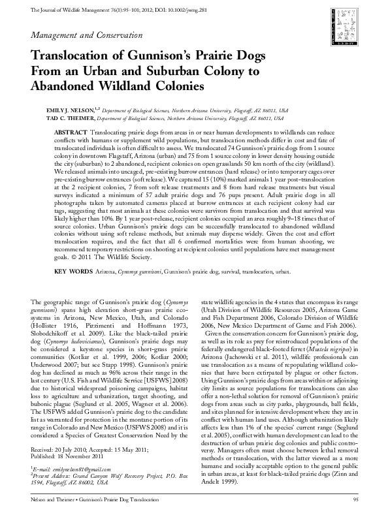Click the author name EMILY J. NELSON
[69, 111]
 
